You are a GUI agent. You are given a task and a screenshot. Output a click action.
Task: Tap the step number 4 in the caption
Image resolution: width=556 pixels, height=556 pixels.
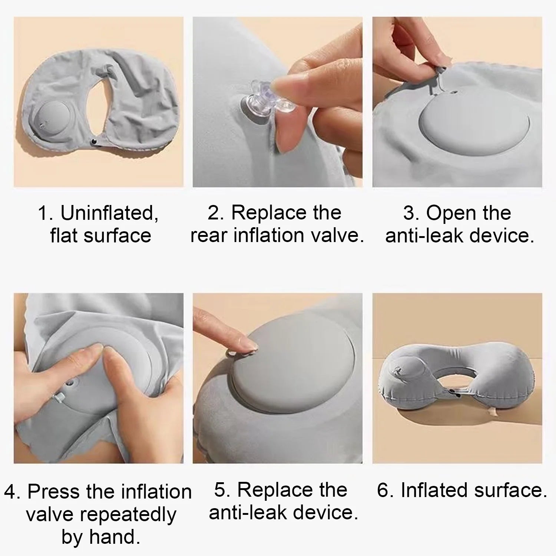coord(11,492)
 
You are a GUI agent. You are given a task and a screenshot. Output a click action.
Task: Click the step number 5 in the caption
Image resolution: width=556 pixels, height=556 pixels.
coord(220,490)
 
